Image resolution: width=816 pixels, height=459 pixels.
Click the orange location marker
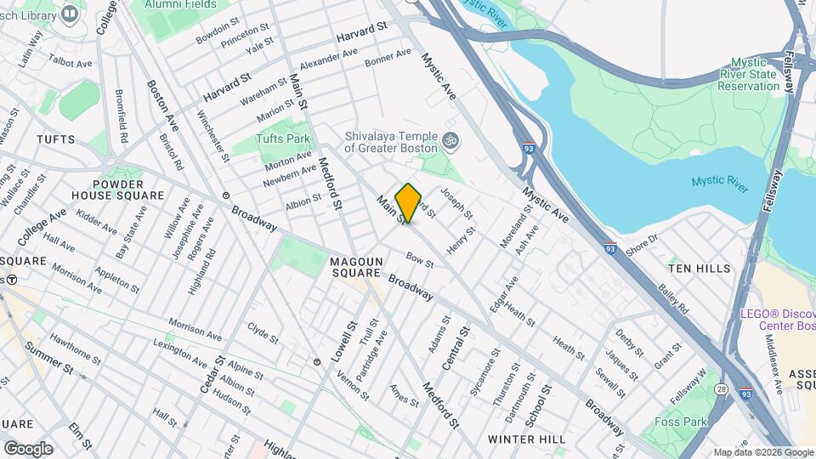tap(409, 203)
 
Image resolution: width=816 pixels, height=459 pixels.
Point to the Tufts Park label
tap(283, 139)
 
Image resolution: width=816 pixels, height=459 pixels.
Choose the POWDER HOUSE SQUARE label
tap(127, 190)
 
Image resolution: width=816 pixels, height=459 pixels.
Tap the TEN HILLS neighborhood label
tap(699, 269)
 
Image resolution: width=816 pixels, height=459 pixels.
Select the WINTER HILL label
tap(527, 439)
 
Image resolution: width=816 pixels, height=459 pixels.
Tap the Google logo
tap(28, 448)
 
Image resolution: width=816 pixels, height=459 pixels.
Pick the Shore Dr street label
tap(642, 243)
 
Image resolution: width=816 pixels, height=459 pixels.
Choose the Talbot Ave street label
tap(71, 62)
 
